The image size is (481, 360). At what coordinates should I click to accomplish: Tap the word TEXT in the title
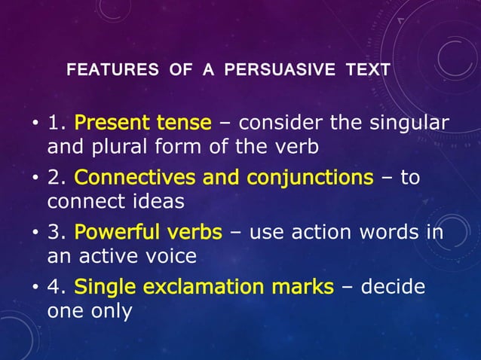(368, 71)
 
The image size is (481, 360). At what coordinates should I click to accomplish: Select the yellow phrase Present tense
(143, 123)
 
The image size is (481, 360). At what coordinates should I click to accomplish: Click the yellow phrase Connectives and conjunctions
(223, 178)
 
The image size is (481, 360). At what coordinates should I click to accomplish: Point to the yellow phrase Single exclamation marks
(204, 287)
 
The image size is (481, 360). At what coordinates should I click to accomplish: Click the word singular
(410, 123)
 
